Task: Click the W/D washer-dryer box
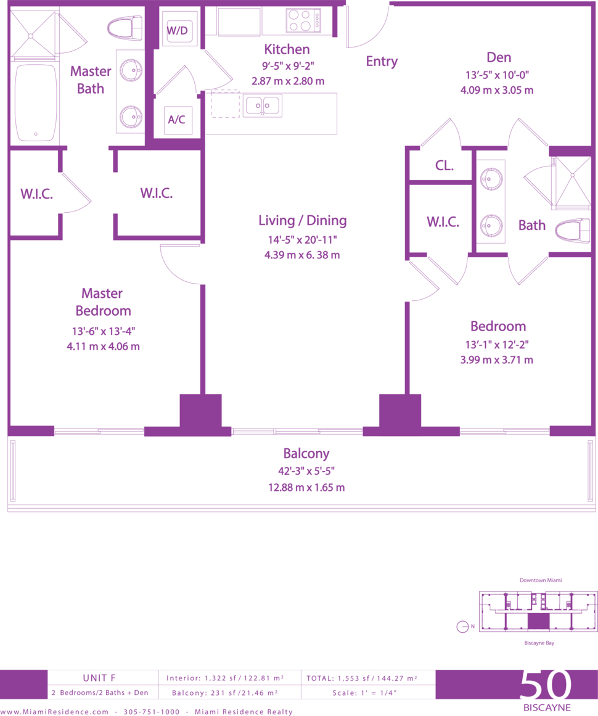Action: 178,31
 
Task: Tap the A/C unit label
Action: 177,120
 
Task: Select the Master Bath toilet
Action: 125,27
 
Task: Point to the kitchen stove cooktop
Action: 303,20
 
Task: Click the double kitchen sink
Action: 262,105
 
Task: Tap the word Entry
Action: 382,61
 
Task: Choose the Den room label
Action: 499,57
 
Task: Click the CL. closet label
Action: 444,165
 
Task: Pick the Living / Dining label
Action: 302,221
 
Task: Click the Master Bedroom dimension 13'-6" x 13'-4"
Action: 103,331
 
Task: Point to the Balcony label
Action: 306,453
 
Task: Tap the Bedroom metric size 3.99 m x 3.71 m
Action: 497,360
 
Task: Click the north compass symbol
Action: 462,627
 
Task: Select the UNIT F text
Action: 99,678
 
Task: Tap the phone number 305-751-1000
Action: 152,712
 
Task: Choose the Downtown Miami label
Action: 541,580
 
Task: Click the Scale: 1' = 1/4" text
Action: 364,693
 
